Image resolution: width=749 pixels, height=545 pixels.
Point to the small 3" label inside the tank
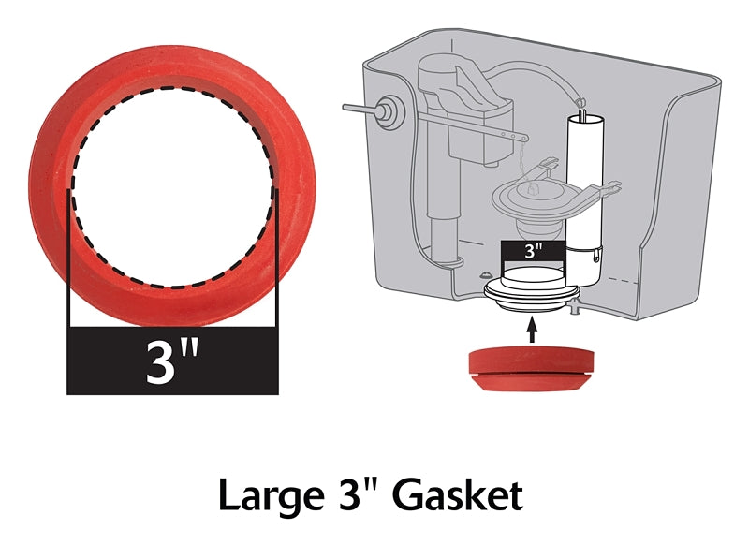pyautogui.click(x=533, y=251)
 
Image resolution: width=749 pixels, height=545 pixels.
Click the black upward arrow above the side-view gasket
pyautogui.click(x=532, y=328)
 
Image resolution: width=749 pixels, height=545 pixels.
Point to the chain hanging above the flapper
pyautogui.click(x=516, y=145)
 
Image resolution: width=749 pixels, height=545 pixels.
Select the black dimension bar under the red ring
pyautogui.click(x=172, y=361)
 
